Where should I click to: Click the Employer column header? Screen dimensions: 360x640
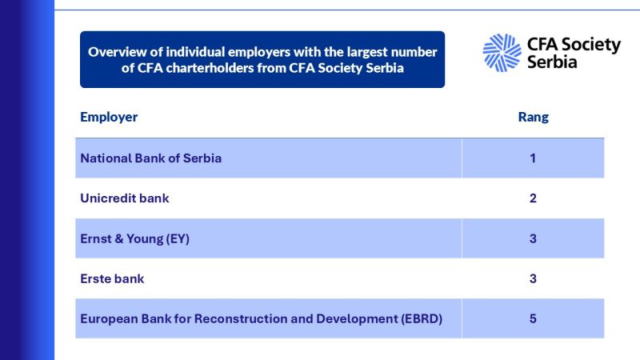[109, 118]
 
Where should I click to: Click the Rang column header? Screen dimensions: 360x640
[533, 118]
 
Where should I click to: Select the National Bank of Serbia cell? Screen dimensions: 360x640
[150, 158]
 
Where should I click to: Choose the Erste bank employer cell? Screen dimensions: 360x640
[112, 279]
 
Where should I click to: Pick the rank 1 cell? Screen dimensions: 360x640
[533, 158]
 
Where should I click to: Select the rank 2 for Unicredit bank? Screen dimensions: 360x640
[533, 198]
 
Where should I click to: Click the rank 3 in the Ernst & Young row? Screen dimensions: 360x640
[533, 238]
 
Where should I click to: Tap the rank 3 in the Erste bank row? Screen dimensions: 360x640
[533, 279]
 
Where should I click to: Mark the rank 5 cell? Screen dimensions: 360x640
[533, 319]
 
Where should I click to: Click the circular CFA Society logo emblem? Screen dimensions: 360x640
[502, 52]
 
